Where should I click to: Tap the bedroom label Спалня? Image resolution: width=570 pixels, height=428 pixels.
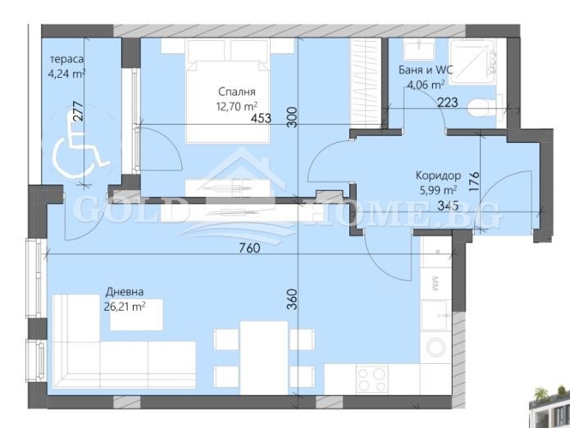237,92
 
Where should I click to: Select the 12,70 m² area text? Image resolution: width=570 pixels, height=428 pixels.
237,107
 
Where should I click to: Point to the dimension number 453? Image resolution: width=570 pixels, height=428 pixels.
261,118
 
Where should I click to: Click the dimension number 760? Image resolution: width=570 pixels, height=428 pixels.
250,248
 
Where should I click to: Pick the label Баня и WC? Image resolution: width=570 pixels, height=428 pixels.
426,70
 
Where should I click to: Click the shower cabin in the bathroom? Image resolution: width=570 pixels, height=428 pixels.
472,61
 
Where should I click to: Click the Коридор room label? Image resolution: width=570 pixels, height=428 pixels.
438,175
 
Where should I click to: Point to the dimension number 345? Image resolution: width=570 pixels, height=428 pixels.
448,206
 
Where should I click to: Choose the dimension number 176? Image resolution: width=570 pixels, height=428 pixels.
474,181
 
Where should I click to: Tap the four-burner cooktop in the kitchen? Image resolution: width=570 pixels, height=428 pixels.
372,380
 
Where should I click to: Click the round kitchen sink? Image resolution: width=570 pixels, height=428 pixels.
435,347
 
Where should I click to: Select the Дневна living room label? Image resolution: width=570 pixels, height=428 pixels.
125,292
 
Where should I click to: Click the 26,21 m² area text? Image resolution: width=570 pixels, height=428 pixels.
125,307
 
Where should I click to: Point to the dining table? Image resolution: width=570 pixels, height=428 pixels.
264,357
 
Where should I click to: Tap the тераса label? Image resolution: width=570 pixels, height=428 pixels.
67,59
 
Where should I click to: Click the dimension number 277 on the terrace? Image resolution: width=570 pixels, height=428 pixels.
79,111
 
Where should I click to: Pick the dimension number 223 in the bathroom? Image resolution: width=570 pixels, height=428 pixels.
447,102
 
